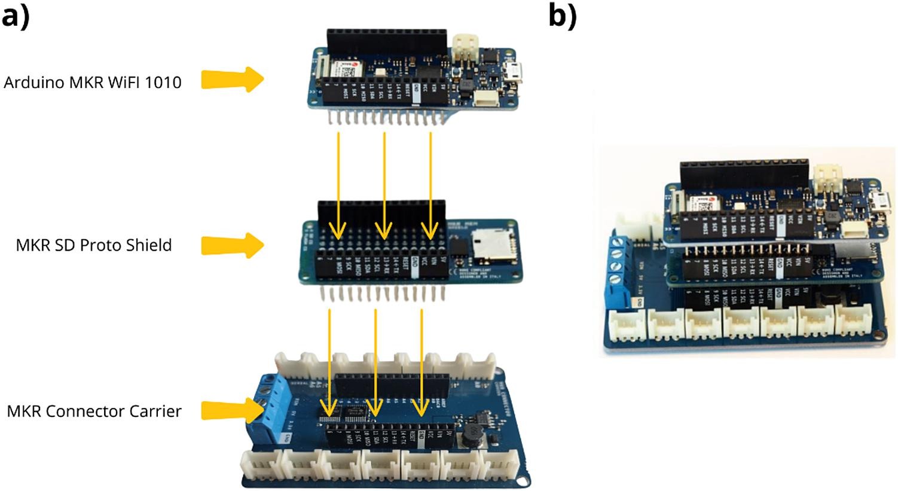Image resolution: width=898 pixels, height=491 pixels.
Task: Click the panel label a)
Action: pyautogui.click(x=16, y=16)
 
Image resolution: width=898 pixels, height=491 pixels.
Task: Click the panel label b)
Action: pyautogui.click(x=563, y=16)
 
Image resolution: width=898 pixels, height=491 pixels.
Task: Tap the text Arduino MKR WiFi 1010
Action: pyautogui.click(x=93, y=82)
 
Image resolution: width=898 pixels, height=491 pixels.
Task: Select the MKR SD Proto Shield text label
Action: pyautogui.click(x=94, y=245)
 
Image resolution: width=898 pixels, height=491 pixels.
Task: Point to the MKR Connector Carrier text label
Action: pyautogui.click(x=94, y=411)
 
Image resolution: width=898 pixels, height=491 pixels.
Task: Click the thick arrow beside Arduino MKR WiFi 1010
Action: pyautogui.click(x=232, y=80)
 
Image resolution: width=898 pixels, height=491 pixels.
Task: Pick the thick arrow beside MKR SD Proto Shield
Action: pyautogui.click(x=232, y=245)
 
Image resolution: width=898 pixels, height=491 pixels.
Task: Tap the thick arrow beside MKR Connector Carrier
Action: pyautogui.click(x=232, y=411)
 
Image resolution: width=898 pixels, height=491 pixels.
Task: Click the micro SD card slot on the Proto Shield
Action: pyautogui.click(x=488, y=245)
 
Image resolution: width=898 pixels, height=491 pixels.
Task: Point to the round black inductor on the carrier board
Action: pyautogui.click(x=470, y=436)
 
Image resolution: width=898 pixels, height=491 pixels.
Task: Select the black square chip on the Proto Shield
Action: pyautogui.click(x=459, y=246)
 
